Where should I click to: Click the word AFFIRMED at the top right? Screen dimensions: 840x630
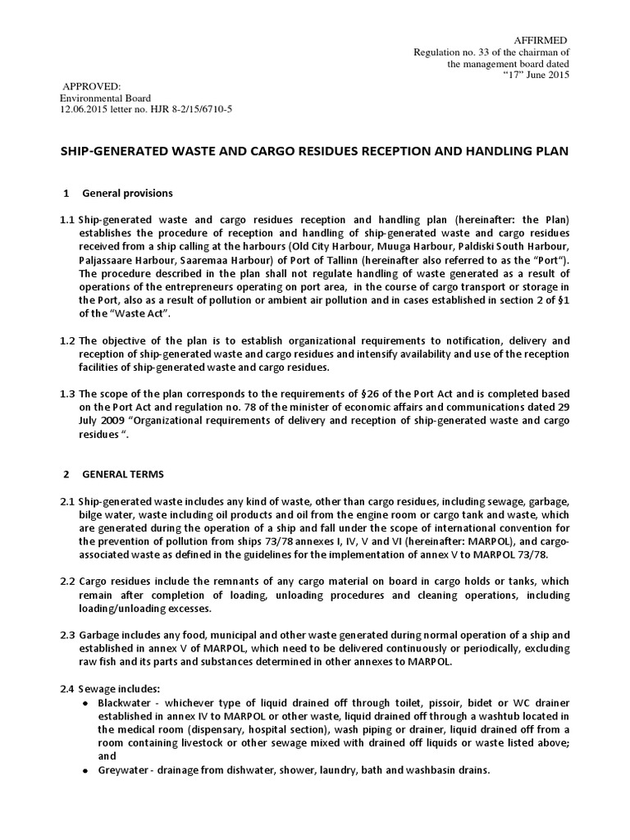point(539,40)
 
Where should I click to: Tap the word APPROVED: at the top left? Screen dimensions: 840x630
point(92,86)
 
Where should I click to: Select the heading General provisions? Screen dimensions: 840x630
point(127,194)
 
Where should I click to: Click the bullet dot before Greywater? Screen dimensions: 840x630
point(87,771)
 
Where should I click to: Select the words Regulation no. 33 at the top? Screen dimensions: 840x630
point(448,52)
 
